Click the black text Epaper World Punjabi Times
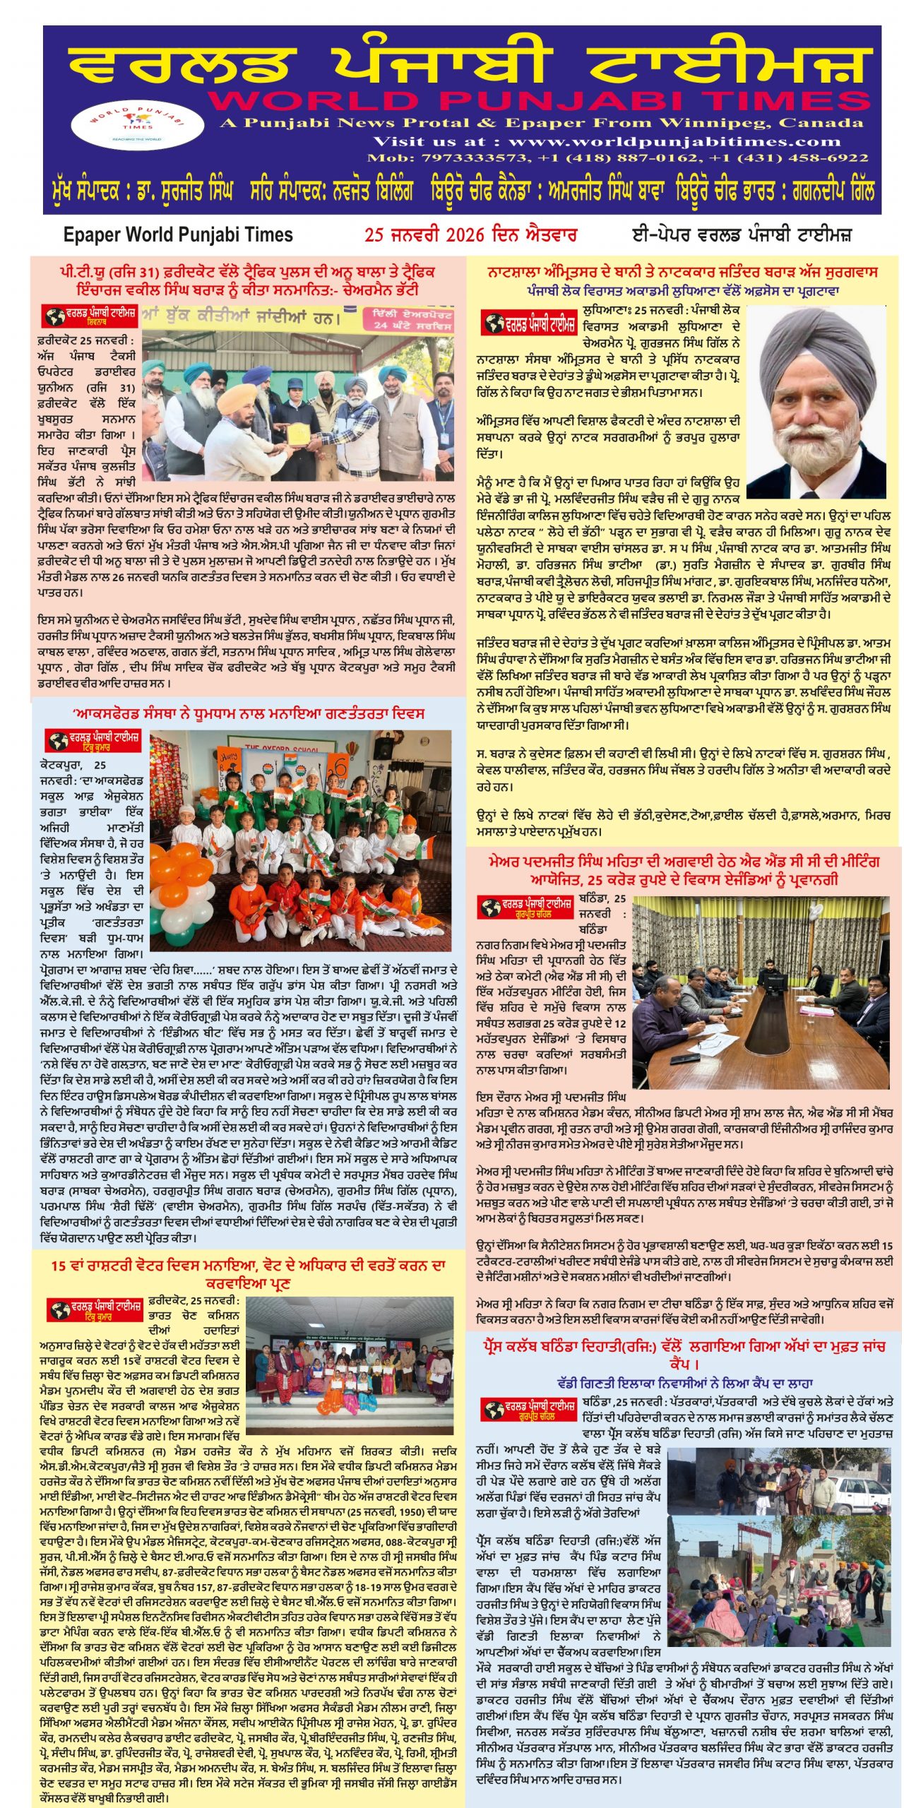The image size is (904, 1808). point(178,234)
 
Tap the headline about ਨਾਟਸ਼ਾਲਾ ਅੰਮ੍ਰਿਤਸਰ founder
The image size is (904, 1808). point(682,272)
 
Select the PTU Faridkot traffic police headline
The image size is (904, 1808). point(247,280)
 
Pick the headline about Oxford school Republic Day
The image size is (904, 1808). point(248,713)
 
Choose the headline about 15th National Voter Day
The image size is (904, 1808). point(248,1273)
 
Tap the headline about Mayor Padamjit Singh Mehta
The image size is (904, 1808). point(683,870)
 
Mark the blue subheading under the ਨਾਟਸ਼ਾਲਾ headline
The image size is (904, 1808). point(682,290)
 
